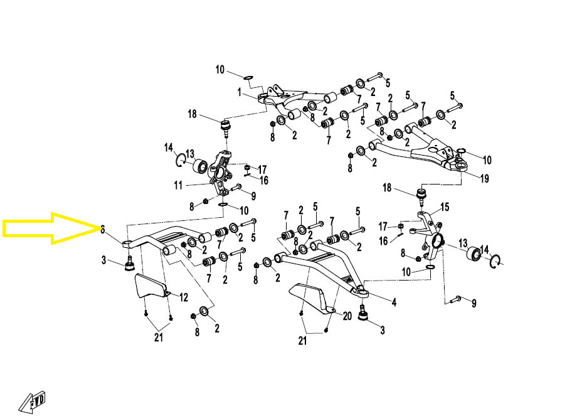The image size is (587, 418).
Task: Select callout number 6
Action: (103, 229)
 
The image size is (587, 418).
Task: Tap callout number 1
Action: (239, 92)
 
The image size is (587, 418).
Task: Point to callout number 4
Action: (394, 303)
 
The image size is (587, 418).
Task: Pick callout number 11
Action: (178, 185)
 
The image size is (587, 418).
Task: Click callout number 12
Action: (184, 297)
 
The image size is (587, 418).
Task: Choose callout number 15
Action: (445, 206)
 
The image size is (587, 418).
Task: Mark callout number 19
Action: (484, 179)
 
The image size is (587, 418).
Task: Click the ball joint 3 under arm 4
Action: (362, 313)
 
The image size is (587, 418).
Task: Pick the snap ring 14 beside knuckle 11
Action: (180, 160)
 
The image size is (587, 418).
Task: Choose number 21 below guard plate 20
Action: (303, 342)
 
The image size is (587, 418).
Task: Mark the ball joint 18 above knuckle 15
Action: (421, 195)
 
